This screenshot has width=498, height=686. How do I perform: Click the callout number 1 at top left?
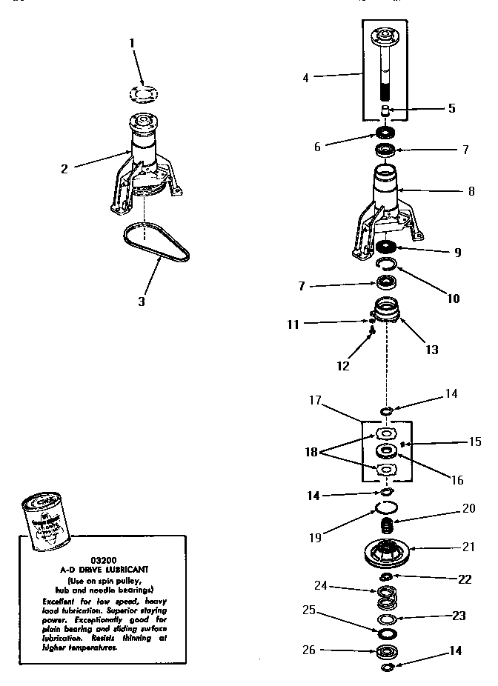tap(133, 43)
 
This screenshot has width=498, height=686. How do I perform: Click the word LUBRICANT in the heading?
tap(124, 570)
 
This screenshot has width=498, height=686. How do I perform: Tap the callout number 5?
tap(451, 108)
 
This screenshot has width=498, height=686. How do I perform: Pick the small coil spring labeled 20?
tap(385, 526)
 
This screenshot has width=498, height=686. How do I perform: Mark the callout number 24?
tap(320, 585)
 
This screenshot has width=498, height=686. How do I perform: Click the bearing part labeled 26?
tap(385, 653)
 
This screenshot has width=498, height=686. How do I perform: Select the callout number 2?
tap(64, 168)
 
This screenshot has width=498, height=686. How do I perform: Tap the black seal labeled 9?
tap(384, 247)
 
